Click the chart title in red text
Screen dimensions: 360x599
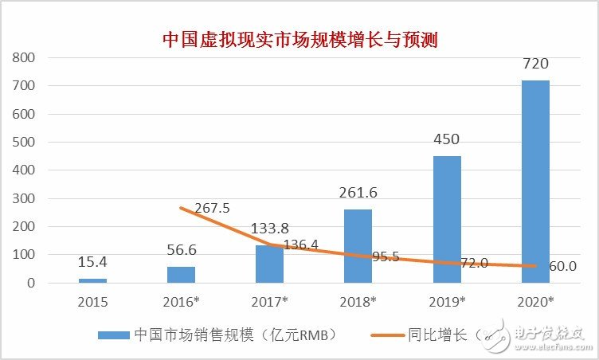click(300, 38)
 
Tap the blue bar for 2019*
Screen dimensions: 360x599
click(447, 219)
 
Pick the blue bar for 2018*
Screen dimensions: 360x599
click(358, 245)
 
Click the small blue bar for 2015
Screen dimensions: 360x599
click(92, 280)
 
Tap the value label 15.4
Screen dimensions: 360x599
click(92, 263)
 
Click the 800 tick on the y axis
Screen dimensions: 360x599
click(23, 57)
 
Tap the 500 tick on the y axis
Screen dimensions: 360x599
click(23, 142)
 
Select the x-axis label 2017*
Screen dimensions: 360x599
click(269, 303)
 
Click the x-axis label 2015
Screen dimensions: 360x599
click(92, 303)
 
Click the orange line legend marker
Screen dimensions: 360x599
click(390, 335)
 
